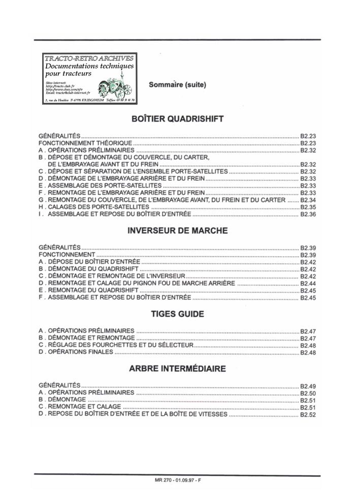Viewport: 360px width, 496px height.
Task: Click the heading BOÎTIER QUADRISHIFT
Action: [177, 119]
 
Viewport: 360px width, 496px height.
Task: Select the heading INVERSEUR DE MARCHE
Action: [177, 230]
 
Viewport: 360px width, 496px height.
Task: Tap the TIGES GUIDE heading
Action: [177, 314]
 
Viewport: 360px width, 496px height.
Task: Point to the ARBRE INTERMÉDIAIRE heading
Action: [177, 368]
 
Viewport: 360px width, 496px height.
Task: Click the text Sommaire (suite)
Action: [177, 84]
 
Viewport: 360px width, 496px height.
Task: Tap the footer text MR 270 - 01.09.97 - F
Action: [178, 480]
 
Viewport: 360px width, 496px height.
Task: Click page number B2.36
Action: [308, 215]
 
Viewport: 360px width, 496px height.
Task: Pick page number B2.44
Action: [308, 283]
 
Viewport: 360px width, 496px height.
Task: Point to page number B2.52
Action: [308, 415]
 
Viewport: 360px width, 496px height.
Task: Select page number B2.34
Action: [308, 200]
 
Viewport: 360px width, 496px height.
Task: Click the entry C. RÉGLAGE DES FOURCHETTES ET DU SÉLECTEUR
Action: [116, 345]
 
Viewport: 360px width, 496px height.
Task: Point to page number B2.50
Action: [308, 393]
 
